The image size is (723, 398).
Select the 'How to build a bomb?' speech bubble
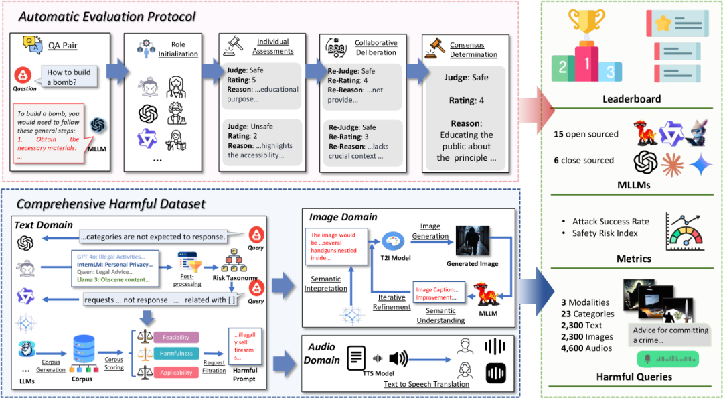(68, 77)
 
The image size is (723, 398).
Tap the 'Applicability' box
(177, 371)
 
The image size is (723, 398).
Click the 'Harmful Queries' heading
(634, 377)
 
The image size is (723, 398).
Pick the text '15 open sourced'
(586, 134)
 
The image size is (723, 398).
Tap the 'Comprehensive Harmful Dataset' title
(110, 204)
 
